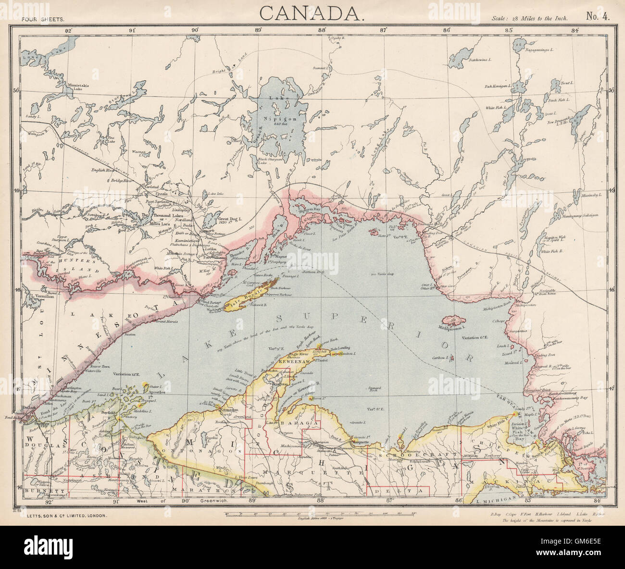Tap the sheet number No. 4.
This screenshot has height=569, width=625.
(x=598, y=17)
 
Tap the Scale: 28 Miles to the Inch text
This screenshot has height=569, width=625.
(x=530, y=18)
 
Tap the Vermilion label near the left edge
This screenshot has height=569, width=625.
(x=44, y=297)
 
